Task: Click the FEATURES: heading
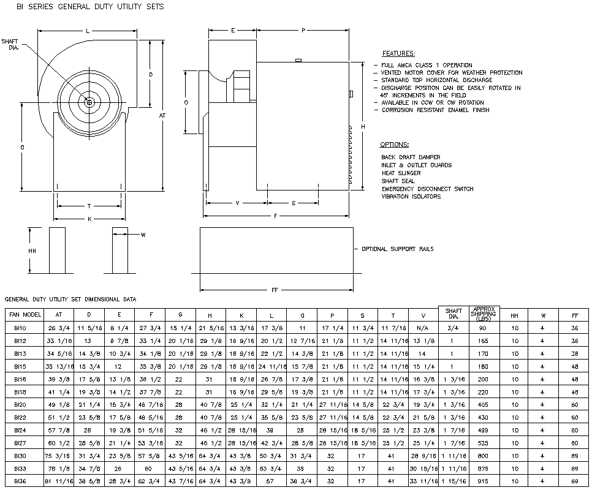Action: click(x=398, y=54)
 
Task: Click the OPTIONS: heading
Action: click(x=394, y=145)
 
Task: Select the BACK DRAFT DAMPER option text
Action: click(x=410, y=157)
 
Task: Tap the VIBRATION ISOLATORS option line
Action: click(x=411, y=197)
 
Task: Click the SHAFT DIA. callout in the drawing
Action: click(x=10, y=44)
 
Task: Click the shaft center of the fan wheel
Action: click(x=89, y=102)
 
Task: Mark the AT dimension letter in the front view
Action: click(x=162, y=115)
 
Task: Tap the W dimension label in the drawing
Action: click(x=143, y=235)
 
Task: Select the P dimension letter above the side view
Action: click(x=303, y=30)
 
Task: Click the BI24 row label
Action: click(x=20, y=431)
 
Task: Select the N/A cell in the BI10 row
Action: click(x=423, y=328)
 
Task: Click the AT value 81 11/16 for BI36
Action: click(x=59, y=482)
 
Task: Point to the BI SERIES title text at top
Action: click(x=85, y=6)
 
